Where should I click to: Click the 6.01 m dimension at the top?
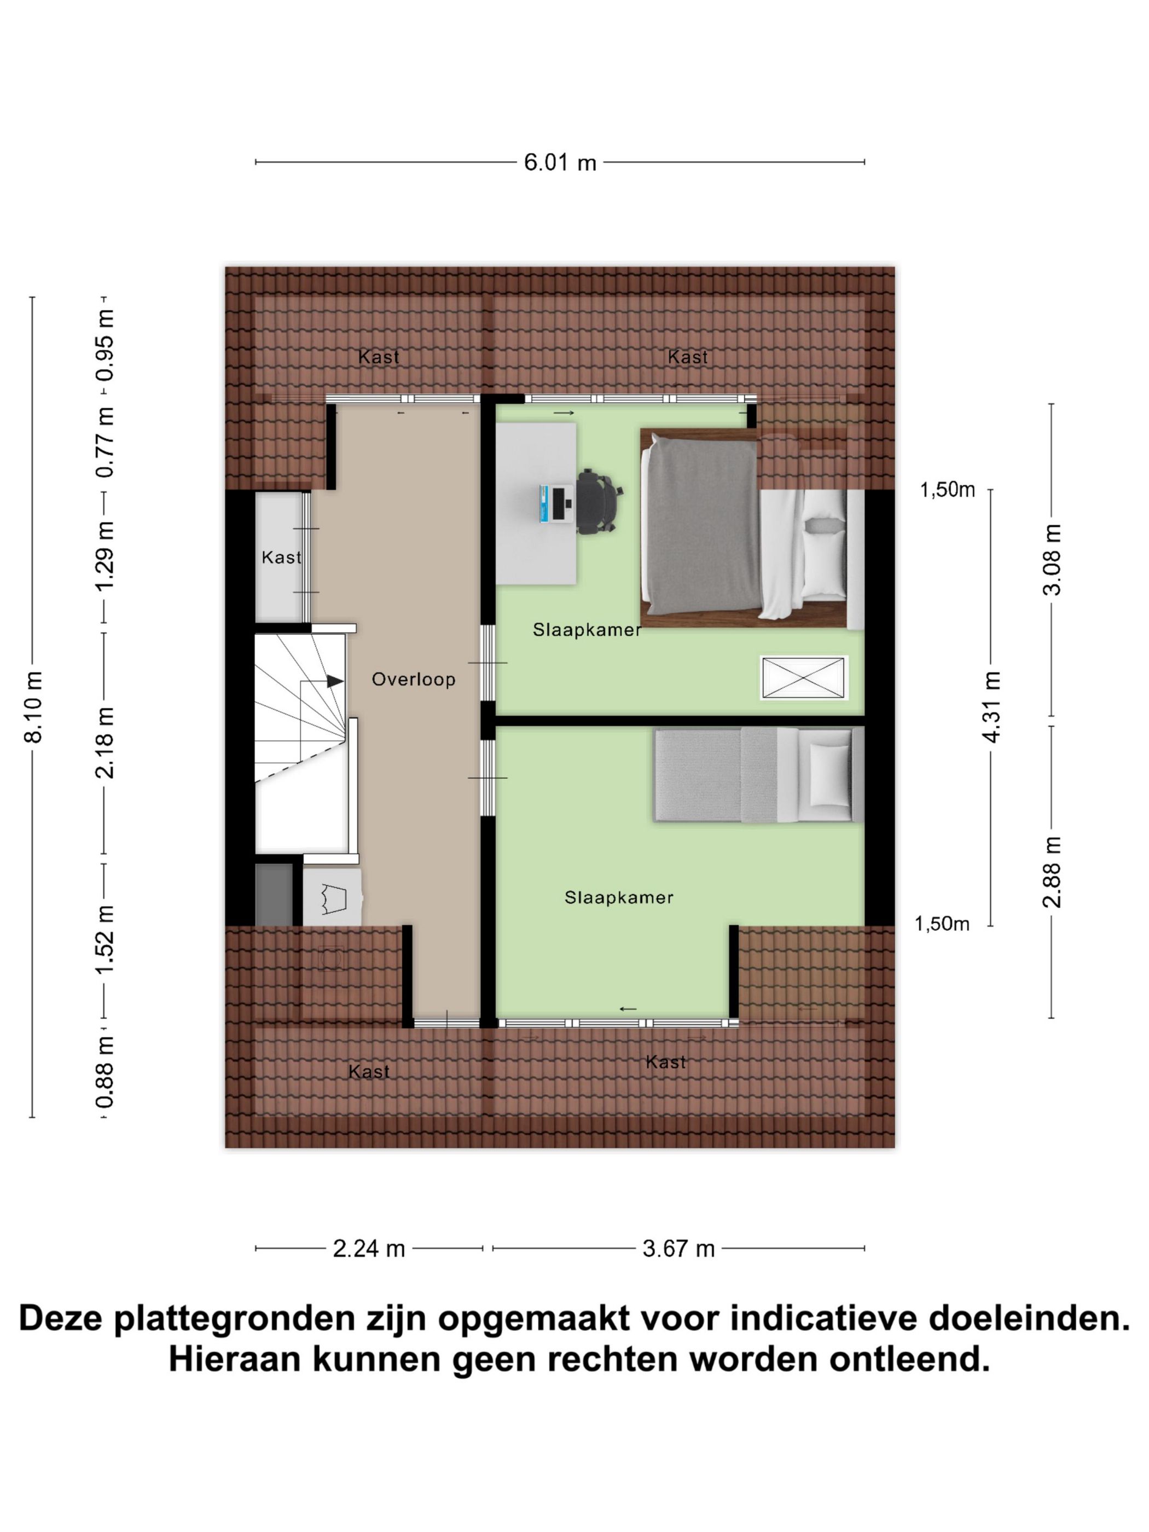560,162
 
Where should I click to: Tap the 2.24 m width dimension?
368,1249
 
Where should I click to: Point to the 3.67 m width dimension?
678,1249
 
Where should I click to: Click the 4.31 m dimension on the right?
992,706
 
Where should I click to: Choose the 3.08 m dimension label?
1052,560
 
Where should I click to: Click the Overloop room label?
414,679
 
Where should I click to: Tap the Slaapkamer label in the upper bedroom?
586,630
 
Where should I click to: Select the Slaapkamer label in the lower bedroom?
618,898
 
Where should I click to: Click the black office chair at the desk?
597,501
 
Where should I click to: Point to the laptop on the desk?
554,503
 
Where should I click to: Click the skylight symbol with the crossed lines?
803,677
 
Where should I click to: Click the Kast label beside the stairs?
281,558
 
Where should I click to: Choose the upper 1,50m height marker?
947,490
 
